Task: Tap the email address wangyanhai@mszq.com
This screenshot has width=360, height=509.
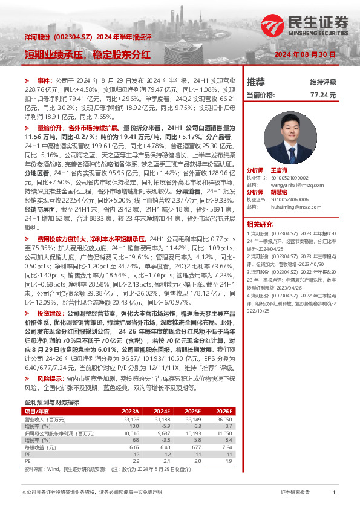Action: point(289,184)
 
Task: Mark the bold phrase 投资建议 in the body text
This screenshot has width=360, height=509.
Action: point(49,314)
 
